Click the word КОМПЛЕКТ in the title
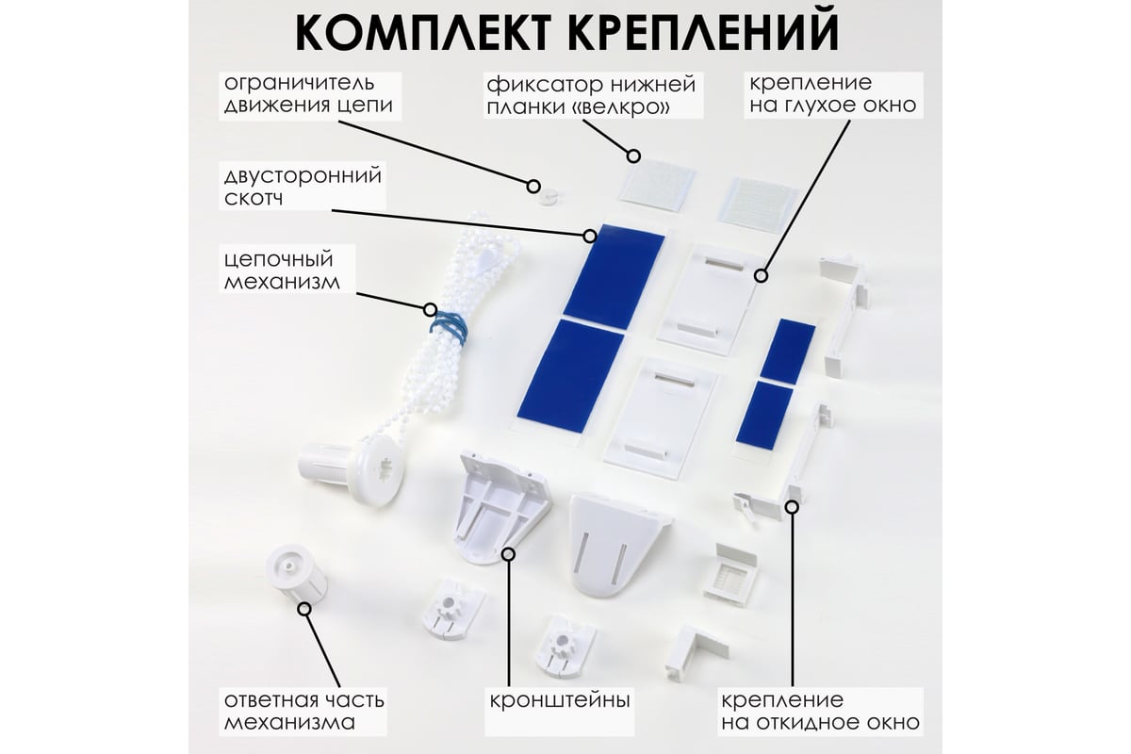point(422,33)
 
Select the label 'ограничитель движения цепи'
point(308,94)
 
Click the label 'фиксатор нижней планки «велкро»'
point(591,95)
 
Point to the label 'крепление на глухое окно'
point(832,94)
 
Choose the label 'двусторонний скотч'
point(303,187)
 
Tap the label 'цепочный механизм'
point(282,270)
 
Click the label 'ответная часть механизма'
point(303,711)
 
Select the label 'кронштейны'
point(560,700)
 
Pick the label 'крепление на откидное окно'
point(820,711)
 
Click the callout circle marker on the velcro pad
point(633,156)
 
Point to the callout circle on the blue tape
point(589,236)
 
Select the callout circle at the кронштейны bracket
point(508,554)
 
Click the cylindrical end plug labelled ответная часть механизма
point(296,574)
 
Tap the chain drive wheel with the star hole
point(380,469)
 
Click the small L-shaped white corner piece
point(695,653)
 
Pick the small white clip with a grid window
point(729,574)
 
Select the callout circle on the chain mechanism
point(430,309)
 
